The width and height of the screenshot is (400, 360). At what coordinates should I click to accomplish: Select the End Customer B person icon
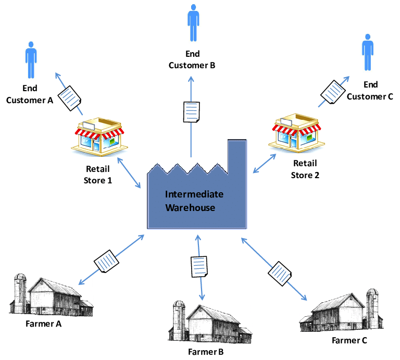(x=193, y=23)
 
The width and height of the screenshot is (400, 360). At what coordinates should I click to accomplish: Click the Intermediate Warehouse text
(x=194, y=201)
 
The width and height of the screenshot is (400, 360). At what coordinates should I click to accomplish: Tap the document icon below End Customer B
(x=192, y=112)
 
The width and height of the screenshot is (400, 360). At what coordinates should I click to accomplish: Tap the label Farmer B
(x=206, y=352)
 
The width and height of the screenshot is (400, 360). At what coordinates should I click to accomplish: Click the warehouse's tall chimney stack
(x=236, y=156)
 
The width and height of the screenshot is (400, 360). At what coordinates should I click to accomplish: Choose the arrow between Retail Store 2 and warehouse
(x=264, y=164)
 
